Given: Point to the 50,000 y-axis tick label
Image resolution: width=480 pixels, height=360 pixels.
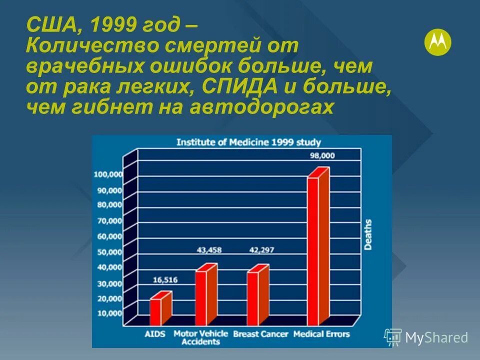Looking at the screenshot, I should [108, 252].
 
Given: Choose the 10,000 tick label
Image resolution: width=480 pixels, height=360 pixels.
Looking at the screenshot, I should [108, 313].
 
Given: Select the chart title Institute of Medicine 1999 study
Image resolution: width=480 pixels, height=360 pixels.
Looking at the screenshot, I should [248, 142].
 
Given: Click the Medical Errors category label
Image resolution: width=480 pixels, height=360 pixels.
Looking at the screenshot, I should [321, 333].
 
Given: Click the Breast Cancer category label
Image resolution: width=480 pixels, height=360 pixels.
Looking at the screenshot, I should [261, 333].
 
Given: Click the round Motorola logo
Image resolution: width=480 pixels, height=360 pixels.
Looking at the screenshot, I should [437, 42].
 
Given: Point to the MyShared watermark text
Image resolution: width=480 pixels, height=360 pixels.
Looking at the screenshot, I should [436, 337].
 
